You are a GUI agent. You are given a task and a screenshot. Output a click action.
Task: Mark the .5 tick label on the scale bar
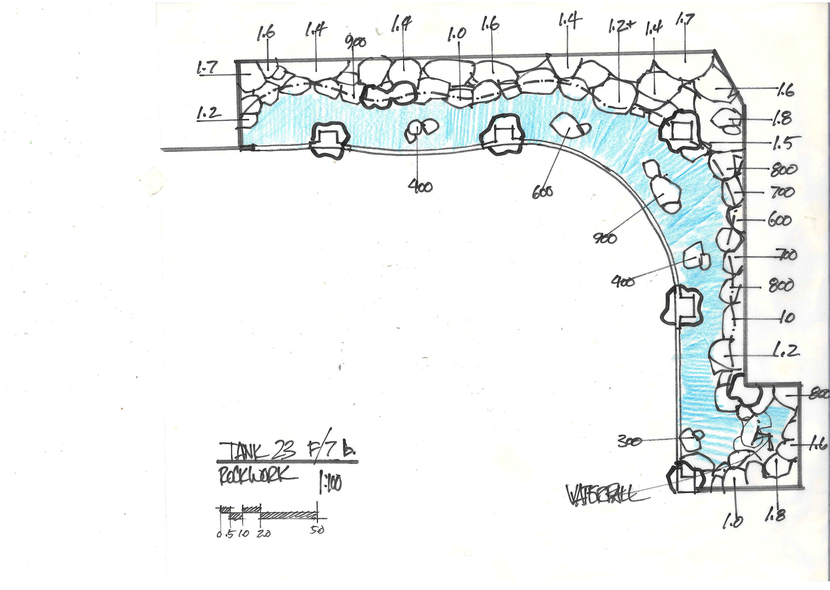click(x=230, y=534)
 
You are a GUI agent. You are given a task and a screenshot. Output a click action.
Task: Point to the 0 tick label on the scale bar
click(x=219, y=534)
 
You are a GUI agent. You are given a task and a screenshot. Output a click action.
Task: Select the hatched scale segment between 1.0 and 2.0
click(x=251, y=509)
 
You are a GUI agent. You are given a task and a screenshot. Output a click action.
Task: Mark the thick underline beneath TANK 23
click(x=287, y=462)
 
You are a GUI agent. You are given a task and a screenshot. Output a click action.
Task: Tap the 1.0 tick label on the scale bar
click(x=243, y=534)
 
